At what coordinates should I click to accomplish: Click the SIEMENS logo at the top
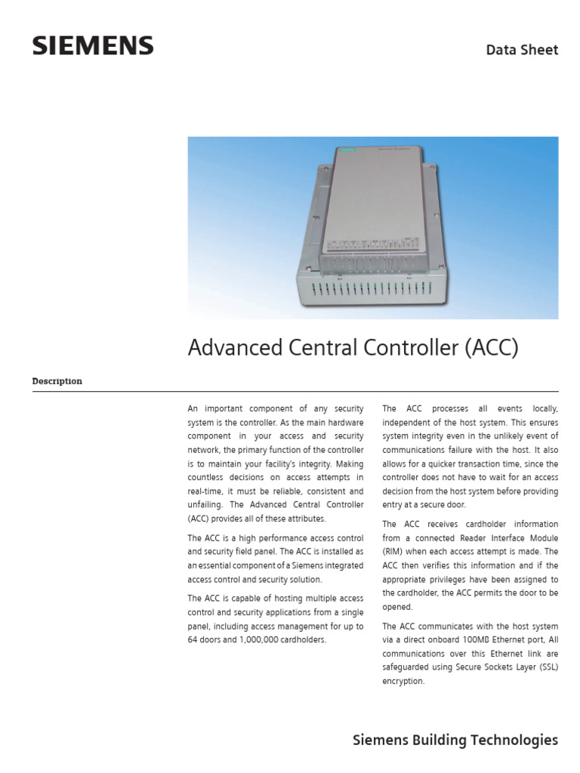(x=93, y=46)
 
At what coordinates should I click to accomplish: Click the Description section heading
(x=57, y=381)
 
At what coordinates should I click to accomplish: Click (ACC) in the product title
(x=491, y=348)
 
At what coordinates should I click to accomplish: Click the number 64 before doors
(x=193, y=639)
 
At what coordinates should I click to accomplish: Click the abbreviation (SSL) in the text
(x=545, y=667)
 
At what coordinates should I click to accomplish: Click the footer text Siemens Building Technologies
(x=455, y=741)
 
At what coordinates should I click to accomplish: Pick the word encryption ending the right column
(x=404, y=681)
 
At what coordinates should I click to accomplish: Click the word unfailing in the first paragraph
(x=206, y=505)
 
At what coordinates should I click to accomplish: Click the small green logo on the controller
(x=347, y=151)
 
